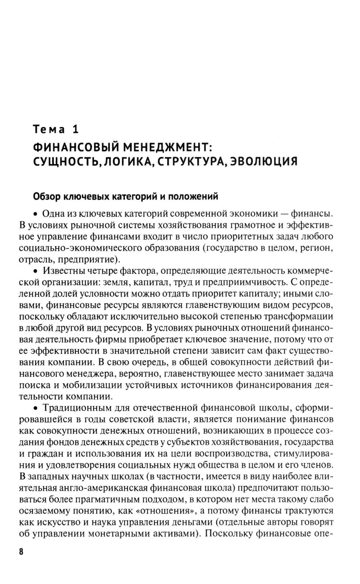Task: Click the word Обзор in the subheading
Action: tap(47, 196)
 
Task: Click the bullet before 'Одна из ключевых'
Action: tap(36, 214)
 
